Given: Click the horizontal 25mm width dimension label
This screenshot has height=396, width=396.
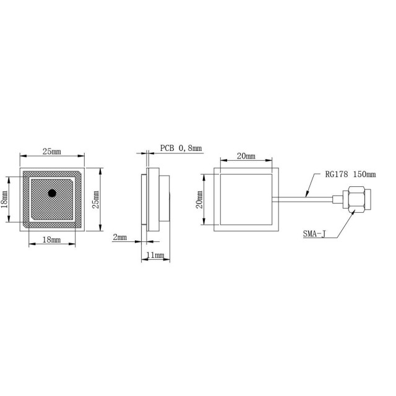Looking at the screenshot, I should coord(51,152).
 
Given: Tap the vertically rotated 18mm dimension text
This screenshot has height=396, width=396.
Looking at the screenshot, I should coord(5,199).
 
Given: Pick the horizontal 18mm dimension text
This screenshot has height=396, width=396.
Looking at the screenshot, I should coord(51,239).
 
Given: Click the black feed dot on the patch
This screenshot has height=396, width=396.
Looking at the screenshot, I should coord(52,193).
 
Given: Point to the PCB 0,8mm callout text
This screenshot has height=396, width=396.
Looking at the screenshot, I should coord(181,148).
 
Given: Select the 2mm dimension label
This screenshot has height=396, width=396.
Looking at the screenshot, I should coord(120,237).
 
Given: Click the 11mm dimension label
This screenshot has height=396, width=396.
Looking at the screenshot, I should coord(154,254).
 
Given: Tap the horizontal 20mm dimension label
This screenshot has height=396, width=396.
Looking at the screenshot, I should coord(246,156).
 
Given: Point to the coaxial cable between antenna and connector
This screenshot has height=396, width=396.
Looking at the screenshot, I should coord(306,199).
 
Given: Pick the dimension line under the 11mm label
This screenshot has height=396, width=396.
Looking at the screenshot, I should coord(155,259).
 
